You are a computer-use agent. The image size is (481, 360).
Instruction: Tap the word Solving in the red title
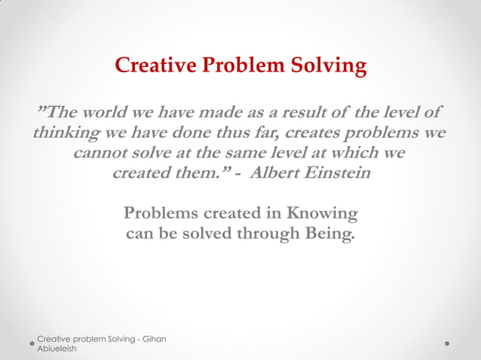click(x=329, y=67)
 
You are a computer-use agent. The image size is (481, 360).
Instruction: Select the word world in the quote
click(x=105, y=113)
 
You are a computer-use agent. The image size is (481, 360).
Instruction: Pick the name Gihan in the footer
click(x=152, y=339)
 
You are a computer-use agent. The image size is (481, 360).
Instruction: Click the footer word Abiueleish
click(x=57, y=349)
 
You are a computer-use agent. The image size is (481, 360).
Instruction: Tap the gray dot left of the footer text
click(x=32, y=343)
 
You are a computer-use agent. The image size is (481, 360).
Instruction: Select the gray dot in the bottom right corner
click(x=447, y=343)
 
